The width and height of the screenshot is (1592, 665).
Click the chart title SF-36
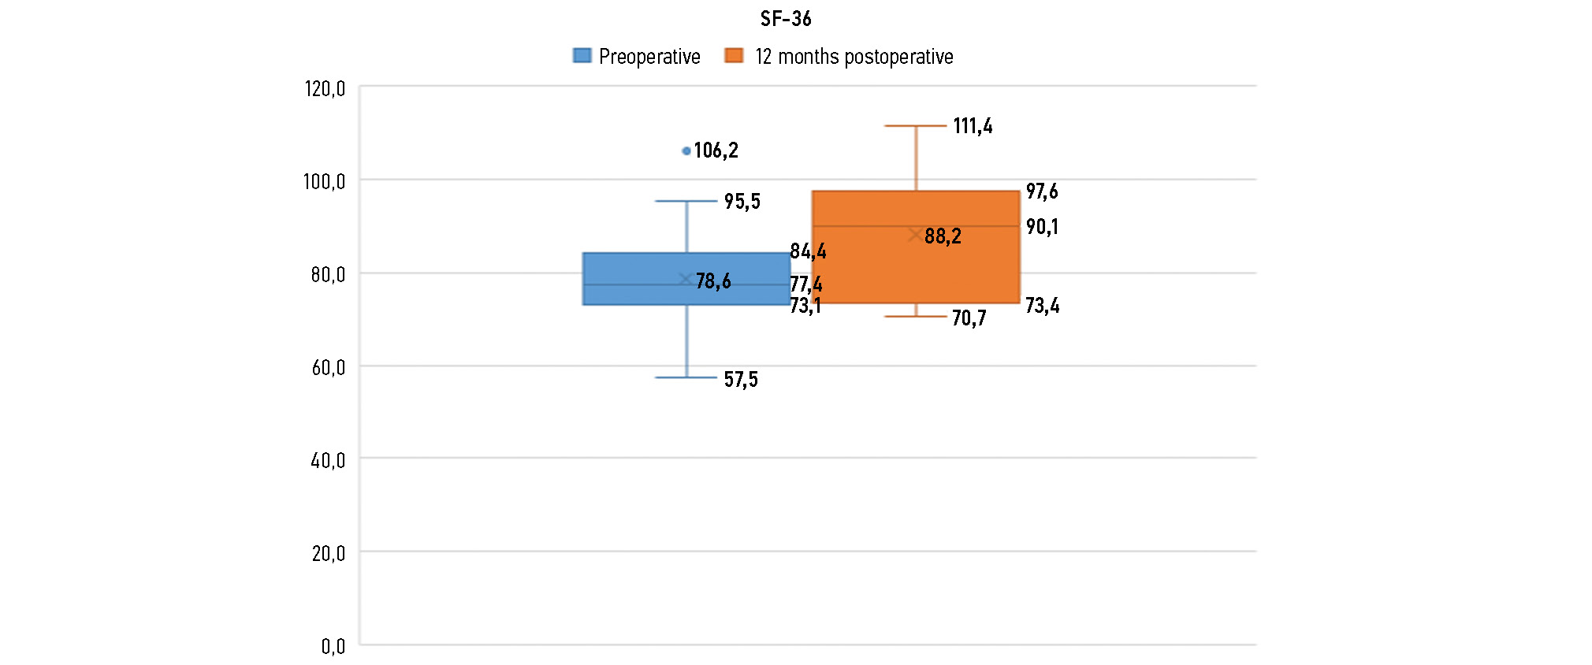[x=785, y=19]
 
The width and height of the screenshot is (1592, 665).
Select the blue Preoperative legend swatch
[x=582, y=55]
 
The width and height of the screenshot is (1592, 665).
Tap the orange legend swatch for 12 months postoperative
[x=734, y=55]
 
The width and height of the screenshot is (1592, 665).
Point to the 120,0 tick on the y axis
[x=325, y=88]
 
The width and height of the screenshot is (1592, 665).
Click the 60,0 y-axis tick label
[x=328, y=367]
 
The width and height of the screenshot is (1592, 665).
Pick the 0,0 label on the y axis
[x=333, y=646]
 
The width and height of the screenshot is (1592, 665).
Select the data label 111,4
[x=973, y=126]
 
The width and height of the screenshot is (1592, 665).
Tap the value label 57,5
[x=741, y=380]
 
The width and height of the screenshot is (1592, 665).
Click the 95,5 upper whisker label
[x=742, y=202]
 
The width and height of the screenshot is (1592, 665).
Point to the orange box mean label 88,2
[x=943, y=236]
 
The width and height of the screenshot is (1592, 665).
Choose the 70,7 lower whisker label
[x=969, y=318]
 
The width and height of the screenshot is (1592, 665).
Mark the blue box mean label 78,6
[x=713, y=281]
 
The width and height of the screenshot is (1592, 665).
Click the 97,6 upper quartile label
[x=1042, y=191]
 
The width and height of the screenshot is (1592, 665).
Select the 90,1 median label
[x=1042, y=227]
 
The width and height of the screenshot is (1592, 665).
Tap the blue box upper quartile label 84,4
[x=808, y=251]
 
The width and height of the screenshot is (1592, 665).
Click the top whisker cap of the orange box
[x=915, y=125]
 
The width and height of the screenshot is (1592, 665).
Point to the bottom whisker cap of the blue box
[x=686, y=377]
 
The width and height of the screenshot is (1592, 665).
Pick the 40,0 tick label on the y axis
[x=328, y=460]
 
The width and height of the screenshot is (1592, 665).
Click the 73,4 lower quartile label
[x=1042, y=306]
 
